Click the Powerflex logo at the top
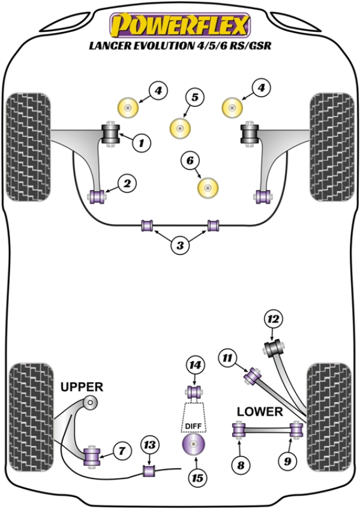pyautogui.click(x=179, y=25)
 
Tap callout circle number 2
pyautogui.click(x=127, y=184)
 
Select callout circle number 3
pyautogui.click(x=179, y=244)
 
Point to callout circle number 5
pyautogui.click(x=195, y=97)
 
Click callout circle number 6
pyautogui.click(x=190, y=160)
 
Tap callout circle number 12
pyautogui.click(x=274, y=321)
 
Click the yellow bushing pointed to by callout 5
pyautogui.click(x=179, y=127)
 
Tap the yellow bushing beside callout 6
pyautogui.click(x=208, y=187)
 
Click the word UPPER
pyautogui.click(x=82, y=387)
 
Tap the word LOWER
pyautogui.click(x=259, y=412)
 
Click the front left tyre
pyautogui.click(x=28, y=148)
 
